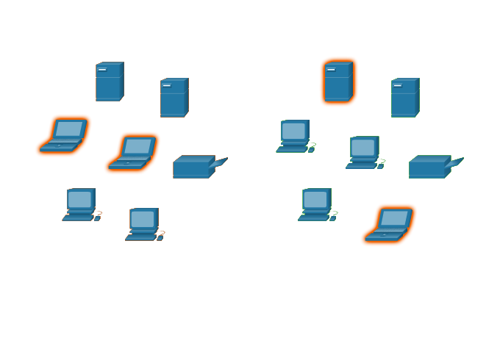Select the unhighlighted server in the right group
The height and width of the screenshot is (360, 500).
tap(404, 98)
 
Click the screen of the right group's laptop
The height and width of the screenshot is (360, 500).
tap(394, 218)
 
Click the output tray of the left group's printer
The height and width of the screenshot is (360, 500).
tap(220, 162)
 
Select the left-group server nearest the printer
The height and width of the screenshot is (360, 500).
tap(174, 98)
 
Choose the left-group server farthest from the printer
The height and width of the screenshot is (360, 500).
tap(109, 82)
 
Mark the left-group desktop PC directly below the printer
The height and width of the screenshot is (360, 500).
tap(143, 224)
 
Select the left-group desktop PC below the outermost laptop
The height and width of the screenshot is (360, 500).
tap(80, 204)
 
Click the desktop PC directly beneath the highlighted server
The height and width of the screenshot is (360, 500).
tap(294, 137)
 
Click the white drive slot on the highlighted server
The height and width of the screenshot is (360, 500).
tap(330, 70)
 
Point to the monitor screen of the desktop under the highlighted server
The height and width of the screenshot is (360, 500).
tap(293, 131)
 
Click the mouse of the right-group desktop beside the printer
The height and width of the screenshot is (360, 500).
tap(380, 166)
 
